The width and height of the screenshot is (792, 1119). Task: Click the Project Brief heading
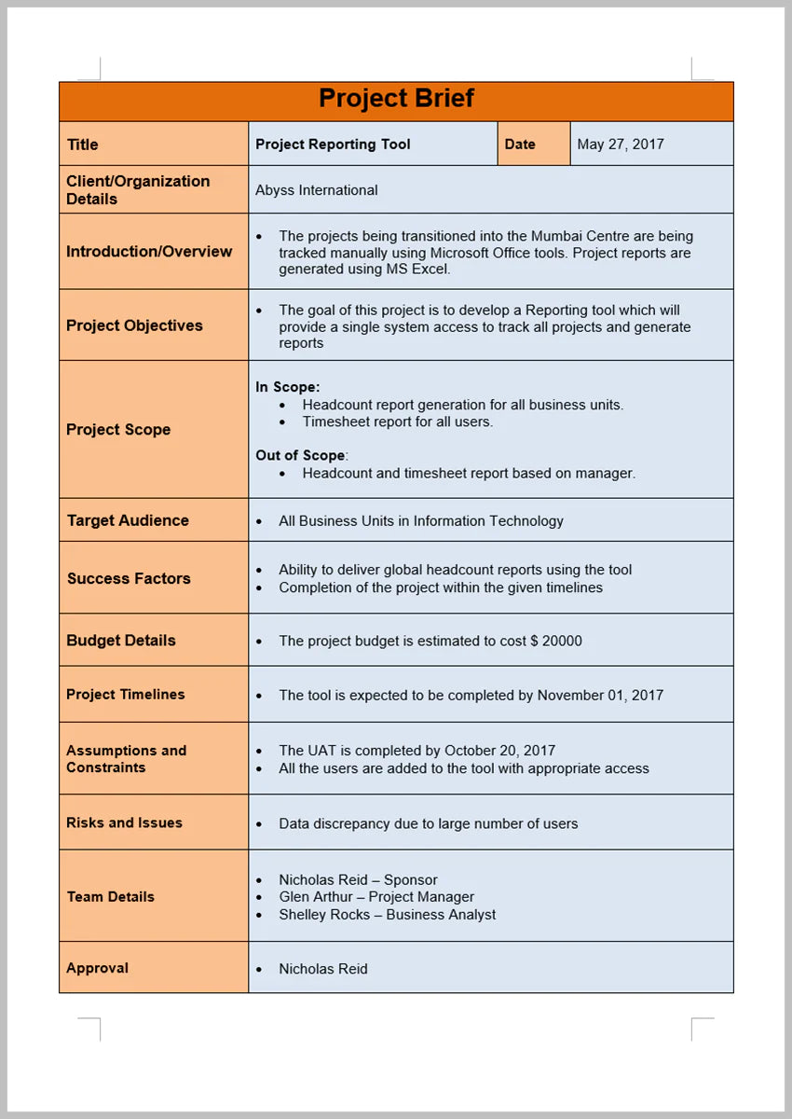pos(396,99)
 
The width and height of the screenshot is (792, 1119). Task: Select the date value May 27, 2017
pos(620,145)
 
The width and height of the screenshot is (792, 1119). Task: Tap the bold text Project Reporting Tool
pos(333,145)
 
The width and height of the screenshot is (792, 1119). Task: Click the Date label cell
pos(520,145)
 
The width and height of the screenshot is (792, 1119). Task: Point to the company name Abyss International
pos(316,190)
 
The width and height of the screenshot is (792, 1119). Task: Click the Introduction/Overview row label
pos(149,252)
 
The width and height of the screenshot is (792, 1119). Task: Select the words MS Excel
pos(417,269)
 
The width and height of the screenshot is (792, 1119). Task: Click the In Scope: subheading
pos(287,387)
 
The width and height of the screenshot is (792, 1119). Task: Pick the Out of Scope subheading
pos(300,456)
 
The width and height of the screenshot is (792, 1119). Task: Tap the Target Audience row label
pos(128,520)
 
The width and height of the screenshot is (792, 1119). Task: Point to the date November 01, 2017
pos(600,695)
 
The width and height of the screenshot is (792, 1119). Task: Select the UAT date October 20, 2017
pos(499,751)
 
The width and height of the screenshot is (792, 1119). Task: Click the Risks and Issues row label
pos(124,823)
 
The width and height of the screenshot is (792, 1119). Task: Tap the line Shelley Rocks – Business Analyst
pos(387,915)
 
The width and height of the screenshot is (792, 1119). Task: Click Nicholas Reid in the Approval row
pos(322,969)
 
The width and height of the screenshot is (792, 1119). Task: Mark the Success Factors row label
pos(129,578)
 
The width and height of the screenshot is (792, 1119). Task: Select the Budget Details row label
pos(121,641)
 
